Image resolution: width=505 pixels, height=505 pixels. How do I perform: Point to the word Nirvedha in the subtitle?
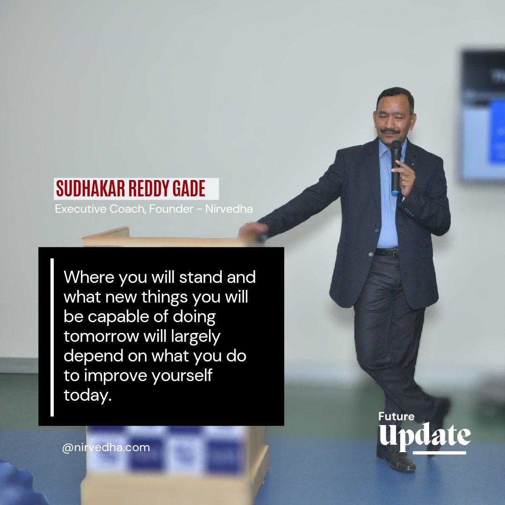pyautogui.click(x=229, y=209)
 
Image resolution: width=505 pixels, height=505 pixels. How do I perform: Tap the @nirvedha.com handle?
pyautogui.click(x=106, y=447)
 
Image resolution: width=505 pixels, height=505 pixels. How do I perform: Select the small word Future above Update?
pyautogui.click(x=396, y=416)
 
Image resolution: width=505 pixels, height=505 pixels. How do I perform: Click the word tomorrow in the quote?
pyautogui.click(x=100, y=336)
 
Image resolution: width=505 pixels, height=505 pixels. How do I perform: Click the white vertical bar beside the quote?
pyautogui.click(x=52, y=337)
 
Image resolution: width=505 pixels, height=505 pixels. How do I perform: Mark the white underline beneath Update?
pyautogui.click(x=440, y=453)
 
